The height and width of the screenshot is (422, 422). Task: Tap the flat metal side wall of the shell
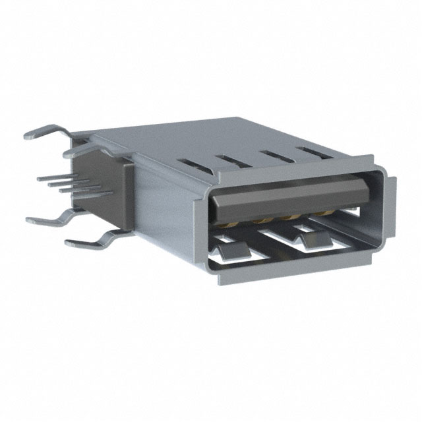(165, 211)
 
